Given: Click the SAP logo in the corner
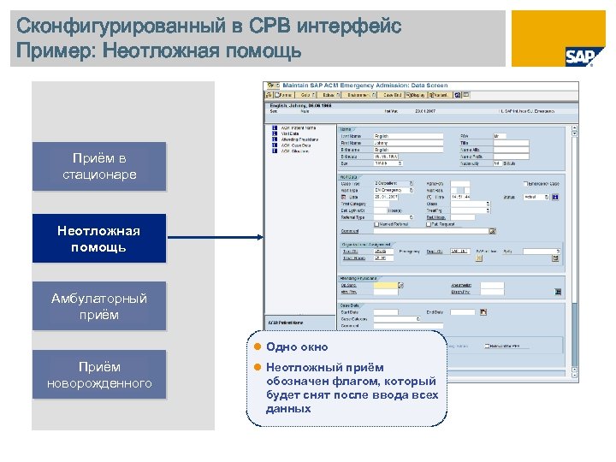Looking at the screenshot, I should pos(579,56).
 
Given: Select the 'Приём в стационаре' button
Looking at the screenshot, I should pos(99,167).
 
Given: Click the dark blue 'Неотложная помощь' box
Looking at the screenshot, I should pos(99,239).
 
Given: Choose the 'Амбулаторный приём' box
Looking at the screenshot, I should pos(99,306).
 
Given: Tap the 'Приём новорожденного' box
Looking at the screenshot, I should pos(99,375).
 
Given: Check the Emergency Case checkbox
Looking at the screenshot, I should pos(525,183).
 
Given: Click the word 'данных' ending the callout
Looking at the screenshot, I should pos(288,409).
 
